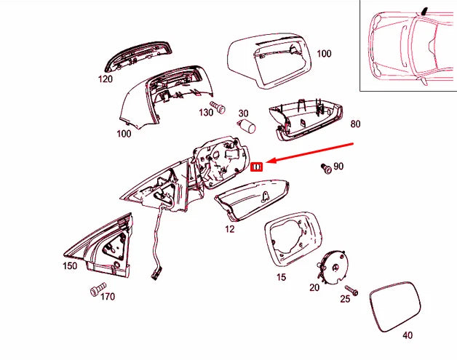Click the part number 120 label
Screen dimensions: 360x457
(x=106, y=79)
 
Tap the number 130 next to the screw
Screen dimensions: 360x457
(x=207, y=112)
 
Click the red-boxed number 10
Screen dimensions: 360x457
(x=257, y=167)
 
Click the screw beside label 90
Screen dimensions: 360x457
(x=326, y=168)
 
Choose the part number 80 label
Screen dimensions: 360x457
(x=355, y=124)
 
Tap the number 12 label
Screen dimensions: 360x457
(x=230, y=228)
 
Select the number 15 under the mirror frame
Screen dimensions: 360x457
(x=281, y=276)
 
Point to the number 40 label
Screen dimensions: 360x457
(x=407, y=335)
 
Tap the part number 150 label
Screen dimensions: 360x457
(x=69, y=266)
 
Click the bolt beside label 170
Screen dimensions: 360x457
(x=95, y=291)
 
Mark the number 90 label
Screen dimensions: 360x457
(x=338, y=167)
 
